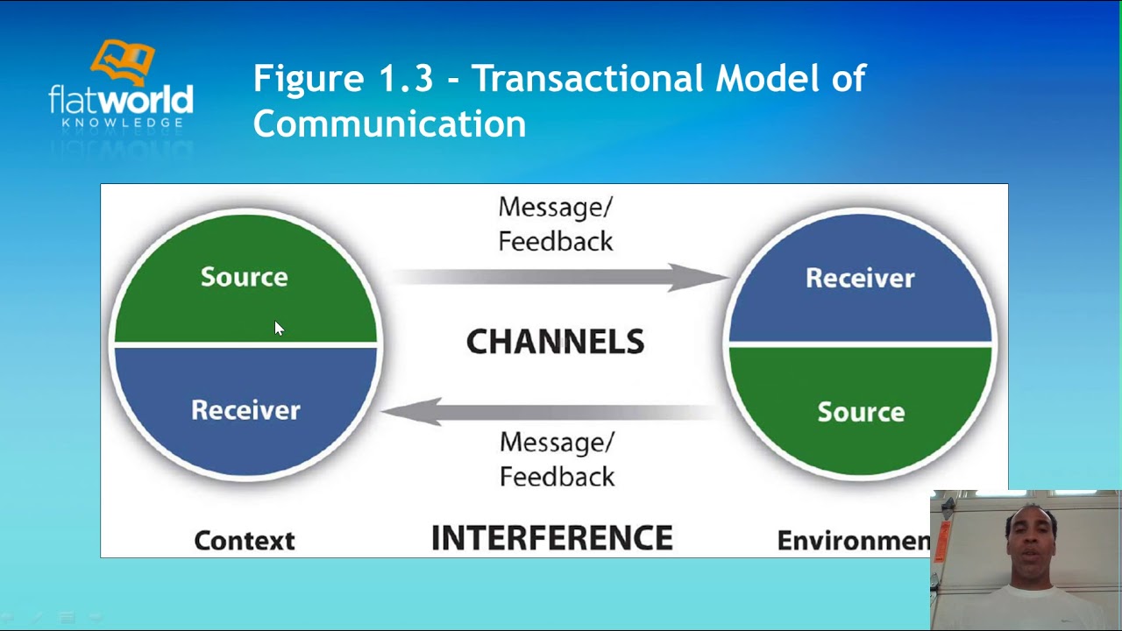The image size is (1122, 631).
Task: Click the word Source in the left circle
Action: point(244,277)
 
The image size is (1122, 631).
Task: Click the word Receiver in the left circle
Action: point(245,410)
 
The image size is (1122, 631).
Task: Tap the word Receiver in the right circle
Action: point(860,279)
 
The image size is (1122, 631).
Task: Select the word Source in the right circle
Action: point(861,412)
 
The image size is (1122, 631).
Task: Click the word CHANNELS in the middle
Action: point(555,342)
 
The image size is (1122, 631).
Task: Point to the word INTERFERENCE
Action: point(552,538)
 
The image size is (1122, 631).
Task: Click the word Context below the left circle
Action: point(244,541)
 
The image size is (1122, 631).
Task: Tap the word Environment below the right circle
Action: point(853,541)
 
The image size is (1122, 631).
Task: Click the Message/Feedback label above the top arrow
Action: point(556,224)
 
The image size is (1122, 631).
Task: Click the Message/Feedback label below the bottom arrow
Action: point(557,459)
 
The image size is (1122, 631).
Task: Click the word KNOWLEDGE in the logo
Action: point(122,123)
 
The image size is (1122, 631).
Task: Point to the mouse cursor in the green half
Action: point(279,329)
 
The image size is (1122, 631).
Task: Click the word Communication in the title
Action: point(389,124)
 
